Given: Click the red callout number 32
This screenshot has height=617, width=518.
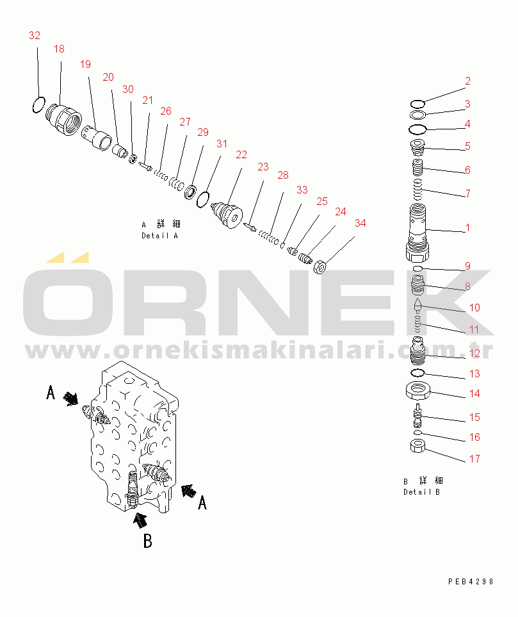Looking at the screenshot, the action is pyautogui.click(x=35, y=36).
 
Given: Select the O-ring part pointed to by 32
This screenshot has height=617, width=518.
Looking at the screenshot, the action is pyautogui.click(x=38, y=104).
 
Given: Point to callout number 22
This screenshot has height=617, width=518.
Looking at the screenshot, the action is pyautogui.click(x=241, y=154).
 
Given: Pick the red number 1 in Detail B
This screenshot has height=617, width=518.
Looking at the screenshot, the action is pyautogui.click(x=467, y=227).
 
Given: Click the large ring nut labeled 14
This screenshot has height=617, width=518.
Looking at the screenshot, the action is pyautogui.click(x=417, y=390).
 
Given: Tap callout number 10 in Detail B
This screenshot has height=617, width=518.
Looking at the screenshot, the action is pyautogui.click(x=474, y=308).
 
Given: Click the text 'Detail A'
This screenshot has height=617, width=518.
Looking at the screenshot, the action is pyautogui.click(x=159, y=235).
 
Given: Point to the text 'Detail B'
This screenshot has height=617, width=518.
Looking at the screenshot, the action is pyautogui.click(x=421, y=491).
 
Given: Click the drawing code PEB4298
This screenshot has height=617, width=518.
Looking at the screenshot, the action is pyautogui.click(x=471, y=582).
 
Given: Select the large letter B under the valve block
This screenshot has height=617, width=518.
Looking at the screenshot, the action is pyautogui.click(x=147, y=541).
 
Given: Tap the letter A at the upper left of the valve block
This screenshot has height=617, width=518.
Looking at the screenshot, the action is pyautogui.click(x=51, y=392).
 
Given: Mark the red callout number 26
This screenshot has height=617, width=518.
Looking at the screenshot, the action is pyautogui.click(x=166, y=111).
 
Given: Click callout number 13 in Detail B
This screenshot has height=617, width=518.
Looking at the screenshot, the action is pyautogui.click(x=474, y=374).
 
